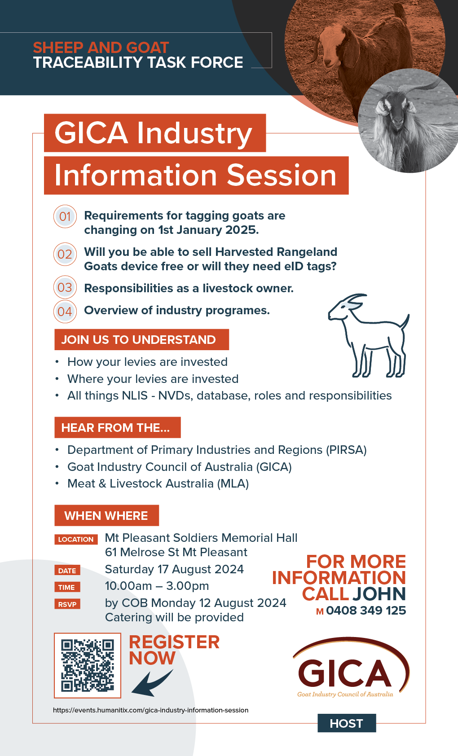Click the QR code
point(88,665)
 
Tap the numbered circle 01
point(65,216)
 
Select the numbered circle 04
point(65,311)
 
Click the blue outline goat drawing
point(369,335)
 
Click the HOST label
point(347,723)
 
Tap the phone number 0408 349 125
point(366,610)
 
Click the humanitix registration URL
point(150,710)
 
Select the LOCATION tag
point(76,539)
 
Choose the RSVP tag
point(67,604)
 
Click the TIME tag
point(67,587)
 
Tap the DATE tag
point(67,571)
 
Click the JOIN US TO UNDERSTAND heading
point(142,339)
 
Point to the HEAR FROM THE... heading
point(118,428)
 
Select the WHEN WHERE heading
point(107,515)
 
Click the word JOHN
point(379,593)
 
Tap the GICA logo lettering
point(344,673)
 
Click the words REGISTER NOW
point(174,650)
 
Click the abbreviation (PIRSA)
point(346,450)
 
